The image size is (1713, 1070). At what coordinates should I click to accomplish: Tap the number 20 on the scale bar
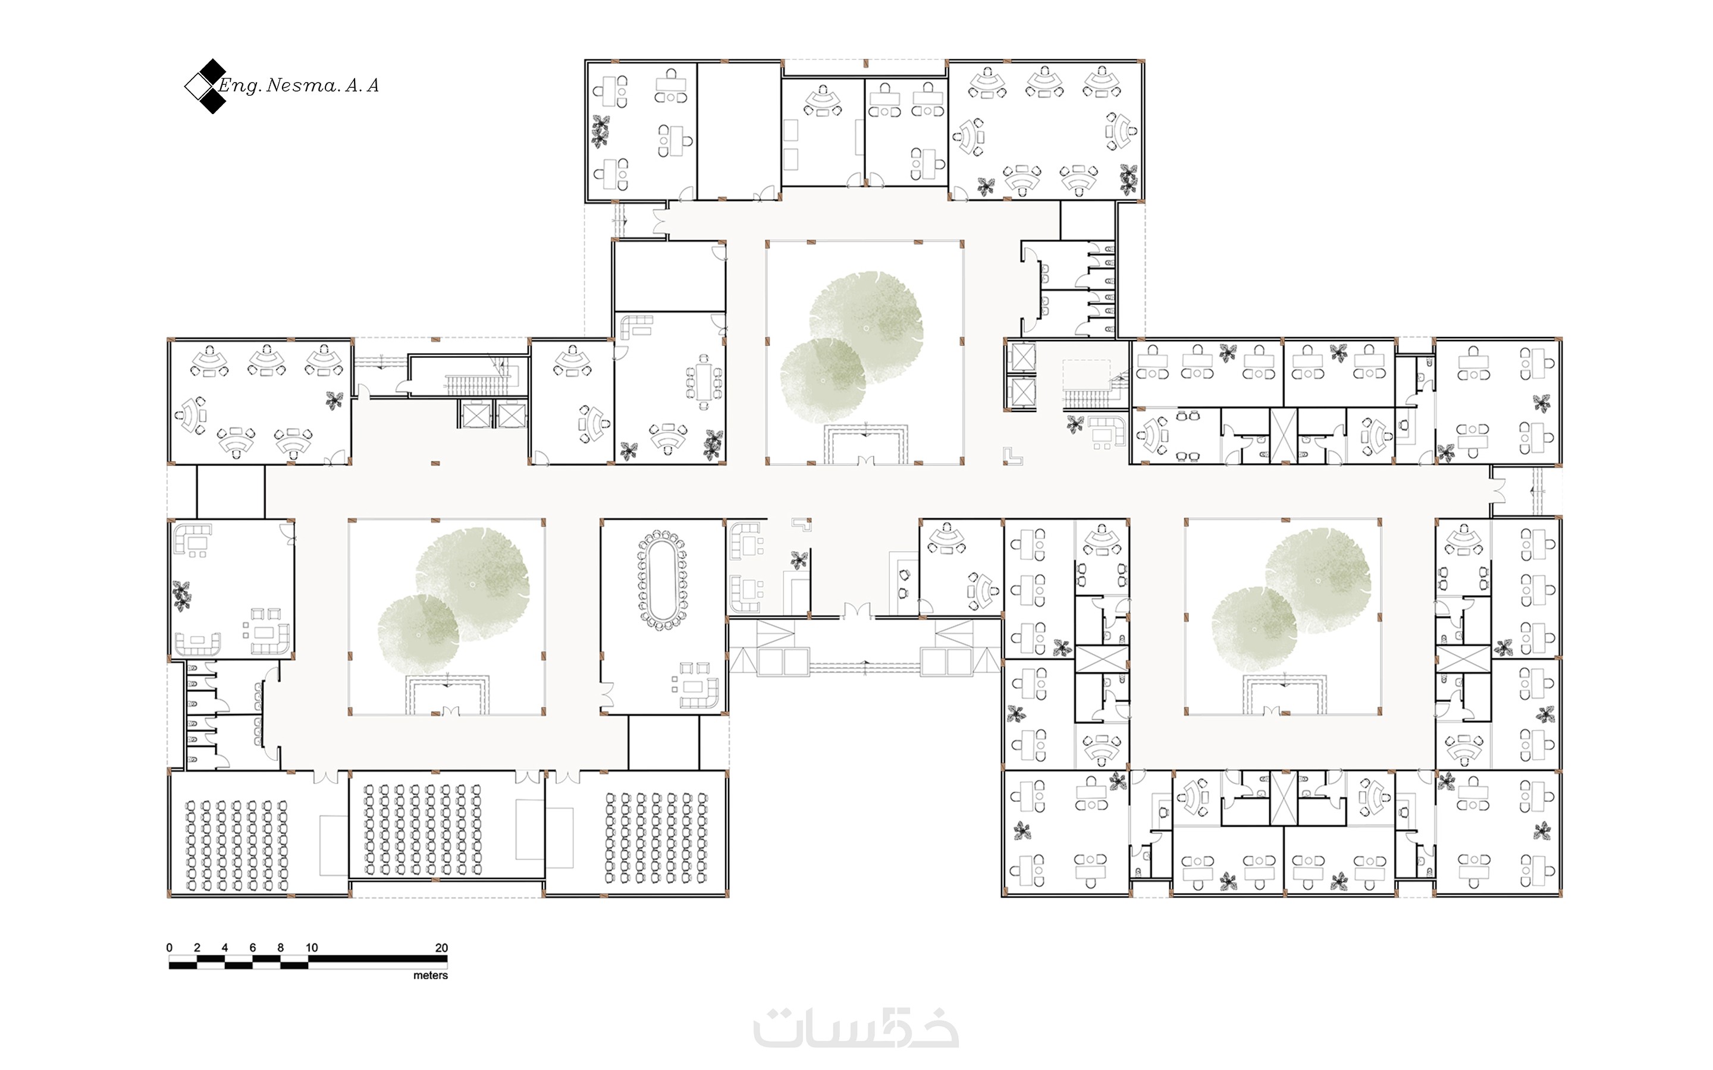coord(441,948)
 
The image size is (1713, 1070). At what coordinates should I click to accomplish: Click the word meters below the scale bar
coord(431,975)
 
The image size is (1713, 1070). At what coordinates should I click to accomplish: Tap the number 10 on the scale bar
coord(312,948)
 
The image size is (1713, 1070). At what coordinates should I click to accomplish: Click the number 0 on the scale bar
coord(169,948)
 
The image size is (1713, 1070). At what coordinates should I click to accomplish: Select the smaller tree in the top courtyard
coord(823,380)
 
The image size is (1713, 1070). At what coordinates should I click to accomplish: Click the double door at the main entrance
coord(857,610)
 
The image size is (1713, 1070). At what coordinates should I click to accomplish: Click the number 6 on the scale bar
coord(253,948)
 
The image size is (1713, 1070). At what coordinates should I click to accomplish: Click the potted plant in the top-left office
coord(600,131)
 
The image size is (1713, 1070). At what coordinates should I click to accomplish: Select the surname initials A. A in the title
coord(362,86)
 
